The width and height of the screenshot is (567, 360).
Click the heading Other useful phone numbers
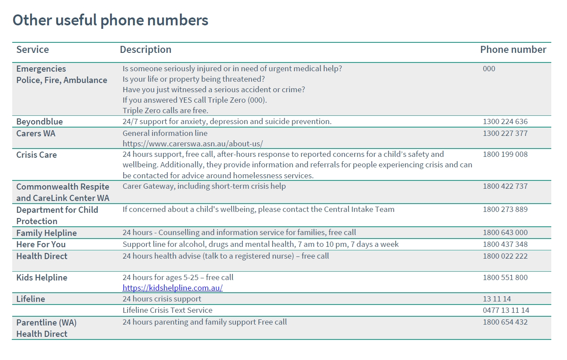pos(110,21)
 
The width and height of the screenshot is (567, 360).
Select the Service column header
pos(32,50)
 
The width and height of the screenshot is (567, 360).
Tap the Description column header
pos(145,50)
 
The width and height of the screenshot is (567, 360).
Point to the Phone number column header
pos(513,50)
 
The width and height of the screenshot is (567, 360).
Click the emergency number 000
pos(489,69)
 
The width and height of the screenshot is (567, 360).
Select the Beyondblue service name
pos(39,121)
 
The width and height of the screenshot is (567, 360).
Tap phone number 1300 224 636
pos(505,121)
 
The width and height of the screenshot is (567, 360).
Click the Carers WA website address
pos(192,143)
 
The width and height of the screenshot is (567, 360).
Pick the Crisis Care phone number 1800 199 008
pos(505,154)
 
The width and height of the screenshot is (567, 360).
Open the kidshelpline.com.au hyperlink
pos(173,288)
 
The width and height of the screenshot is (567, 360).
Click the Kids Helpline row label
pos(41,277)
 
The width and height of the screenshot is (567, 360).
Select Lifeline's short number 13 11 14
pos(497,299)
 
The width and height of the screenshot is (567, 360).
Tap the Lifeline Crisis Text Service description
pos(167,310)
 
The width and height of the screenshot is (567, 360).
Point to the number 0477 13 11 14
pos(506,310)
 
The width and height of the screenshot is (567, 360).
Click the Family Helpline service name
pos(46,233)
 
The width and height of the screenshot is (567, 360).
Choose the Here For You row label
pos(41,244)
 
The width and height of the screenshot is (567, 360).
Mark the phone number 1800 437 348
pos(505,244)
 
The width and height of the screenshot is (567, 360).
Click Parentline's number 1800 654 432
pos(505,322)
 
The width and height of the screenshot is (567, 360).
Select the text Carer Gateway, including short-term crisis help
pos(204,186)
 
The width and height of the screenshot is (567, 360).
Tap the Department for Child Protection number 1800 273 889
pos(505,209)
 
